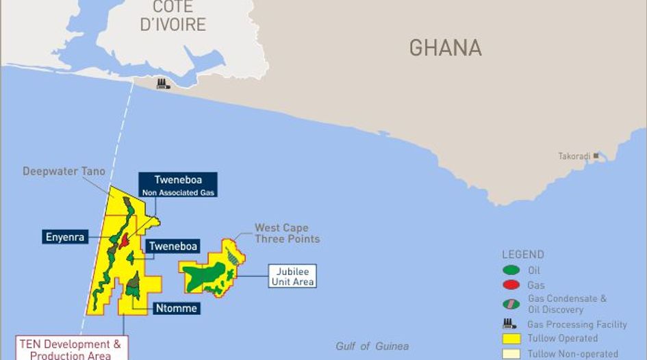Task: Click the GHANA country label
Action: [x=445, y=48]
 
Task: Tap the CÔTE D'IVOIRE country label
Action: [x=173, y=16]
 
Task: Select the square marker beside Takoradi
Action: [x=596, y=156]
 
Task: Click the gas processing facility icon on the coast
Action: [x=163, y=84]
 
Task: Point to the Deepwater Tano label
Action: [x=64, y=171]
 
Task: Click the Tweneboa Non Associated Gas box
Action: [x=177, y=185]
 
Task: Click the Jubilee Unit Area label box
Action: [x=292, y=276]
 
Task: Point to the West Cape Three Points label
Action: [x=287, y=233]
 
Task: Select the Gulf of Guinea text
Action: [x=372, y=346]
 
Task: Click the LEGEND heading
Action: [x=523, y=255]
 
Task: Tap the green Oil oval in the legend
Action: [x=510, y=270]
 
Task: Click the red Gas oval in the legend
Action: [x=510, y=285]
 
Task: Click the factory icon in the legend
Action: [x=509, y=324]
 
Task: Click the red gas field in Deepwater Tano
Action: [x=125, y=241]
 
